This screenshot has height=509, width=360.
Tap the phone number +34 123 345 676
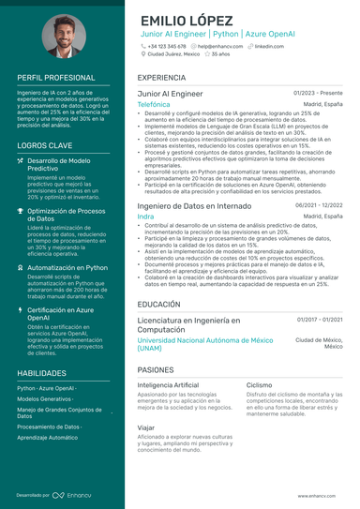click(x=169, y=45)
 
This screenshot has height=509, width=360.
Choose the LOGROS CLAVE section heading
click(x=40, y=145)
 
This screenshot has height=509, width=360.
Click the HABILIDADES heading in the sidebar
click(x=40, y=372)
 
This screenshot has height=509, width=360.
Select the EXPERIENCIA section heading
click(x=160, y=77)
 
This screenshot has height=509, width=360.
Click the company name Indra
click(x=145, y=217)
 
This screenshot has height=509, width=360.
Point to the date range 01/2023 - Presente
click(x=318, y=94)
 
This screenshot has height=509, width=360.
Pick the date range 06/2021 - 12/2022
click(x=319, y=205)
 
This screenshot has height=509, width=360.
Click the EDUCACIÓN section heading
click(x=158, y=305)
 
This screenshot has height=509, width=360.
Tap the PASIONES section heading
click(x=157, y=370)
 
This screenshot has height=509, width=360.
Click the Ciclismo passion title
click(x=260, y=385)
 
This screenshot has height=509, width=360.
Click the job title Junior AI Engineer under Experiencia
click(x=170, y=95)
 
